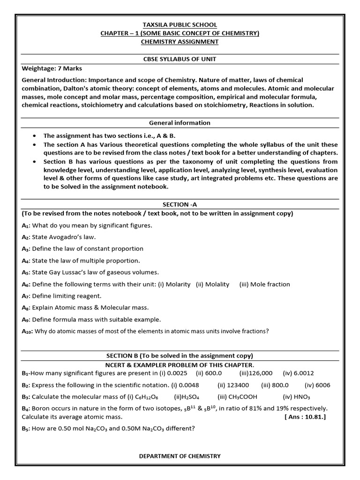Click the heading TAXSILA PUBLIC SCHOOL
(x=180, y=25)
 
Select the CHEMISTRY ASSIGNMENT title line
(x=180, y=42)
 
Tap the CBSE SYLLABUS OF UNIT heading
(x=180, y=59)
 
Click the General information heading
(x=180, y=123)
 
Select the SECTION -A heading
(x=180, y=205)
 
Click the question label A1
(x=26, y=225)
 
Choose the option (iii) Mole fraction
(x=264, y=284)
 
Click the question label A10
(x=27, y=331)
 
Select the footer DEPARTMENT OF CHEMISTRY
(x=180, y=456)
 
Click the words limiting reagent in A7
(x=79, y=296)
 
